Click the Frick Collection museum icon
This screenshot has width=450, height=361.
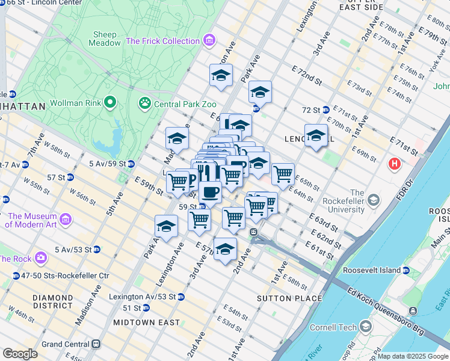click(x=209, y=41)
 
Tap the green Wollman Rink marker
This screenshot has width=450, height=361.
click(x=109, y=103)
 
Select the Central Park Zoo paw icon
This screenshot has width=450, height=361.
click(x=145, y=103)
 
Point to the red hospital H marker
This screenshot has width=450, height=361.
click(x=395, y=163)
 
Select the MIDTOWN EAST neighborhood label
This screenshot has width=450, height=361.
click(x=152, y=322)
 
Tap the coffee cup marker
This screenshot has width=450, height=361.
click(x=210, y=191)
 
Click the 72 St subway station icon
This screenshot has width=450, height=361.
click(x=325, y=110)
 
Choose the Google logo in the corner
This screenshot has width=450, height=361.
click(x=20, y=354)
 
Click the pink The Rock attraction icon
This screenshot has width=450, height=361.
click(x=41, y=258)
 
